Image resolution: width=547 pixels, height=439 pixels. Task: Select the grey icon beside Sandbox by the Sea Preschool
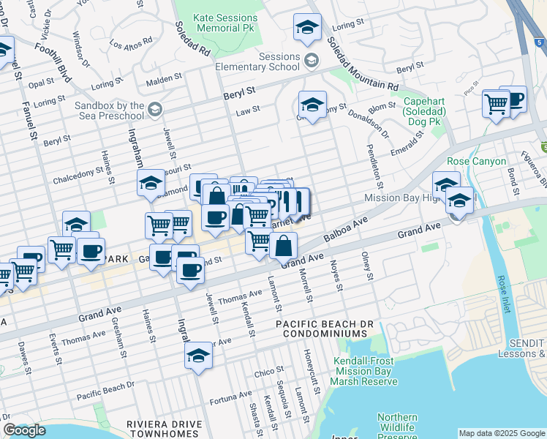tap(154, 110)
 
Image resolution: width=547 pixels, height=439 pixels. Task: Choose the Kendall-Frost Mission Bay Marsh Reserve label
tap(363, 371)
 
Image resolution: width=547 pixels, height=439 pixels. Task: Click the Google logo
tap(24, 431)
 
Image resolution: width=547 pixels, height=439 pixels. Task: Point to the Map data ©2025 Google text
tap(502, 433)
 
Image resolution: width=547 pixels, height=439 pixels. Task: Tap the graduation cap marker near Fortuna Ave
tap(197, 356)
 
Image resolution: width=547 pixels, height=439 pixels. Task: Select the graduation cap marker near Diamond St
tap(151, 183)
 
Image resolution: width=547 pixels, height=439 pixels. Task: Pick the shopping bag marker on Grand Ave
tap(283, 246)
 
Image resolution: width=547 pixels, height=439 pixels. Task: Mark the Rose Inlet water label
tap(502, 294)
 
